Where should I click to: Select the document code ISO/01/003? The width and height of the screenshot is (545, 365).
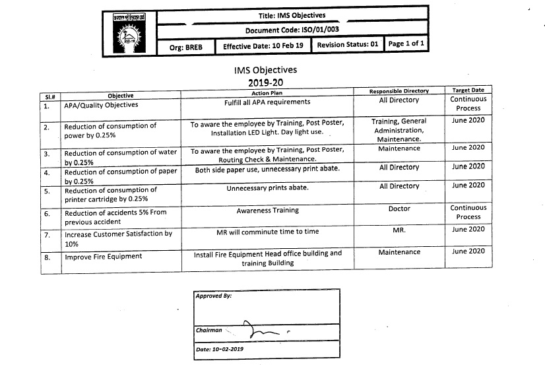[x=292, y=30]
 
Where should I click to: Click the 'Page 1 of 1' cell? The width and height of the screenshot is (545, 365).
[x=406, y=44]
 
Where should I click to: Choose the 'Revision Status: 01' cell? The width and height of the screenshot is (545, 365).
[x=348, y=45]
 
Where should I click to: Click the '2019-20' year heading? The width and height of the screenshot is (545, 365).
[x=265, y=83]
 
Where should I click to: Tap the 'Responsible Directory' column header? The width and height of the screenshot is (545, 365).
[x=399, y=91]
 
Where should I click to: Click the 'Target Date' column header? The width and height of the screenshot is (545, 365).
[x=468, y=90]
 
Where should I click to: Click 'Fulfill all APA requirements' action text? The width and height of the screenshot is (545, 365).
[x=267, y=102]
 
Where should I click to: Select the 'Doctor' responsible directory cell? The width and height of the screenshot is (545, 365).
[x=399, y=209]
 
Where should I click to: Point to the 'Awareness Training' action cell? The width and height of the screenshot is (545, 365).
[x=267, y=211]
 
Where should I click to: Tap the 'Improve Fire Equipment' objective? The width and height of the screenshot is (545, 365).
[x=103, y=257]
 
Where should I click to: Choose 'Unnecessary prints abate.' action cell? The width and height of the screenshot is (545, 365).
[x=267, y=188]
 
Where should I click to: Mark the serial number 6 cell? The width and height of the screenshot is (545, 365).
[x=47, y=214]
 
